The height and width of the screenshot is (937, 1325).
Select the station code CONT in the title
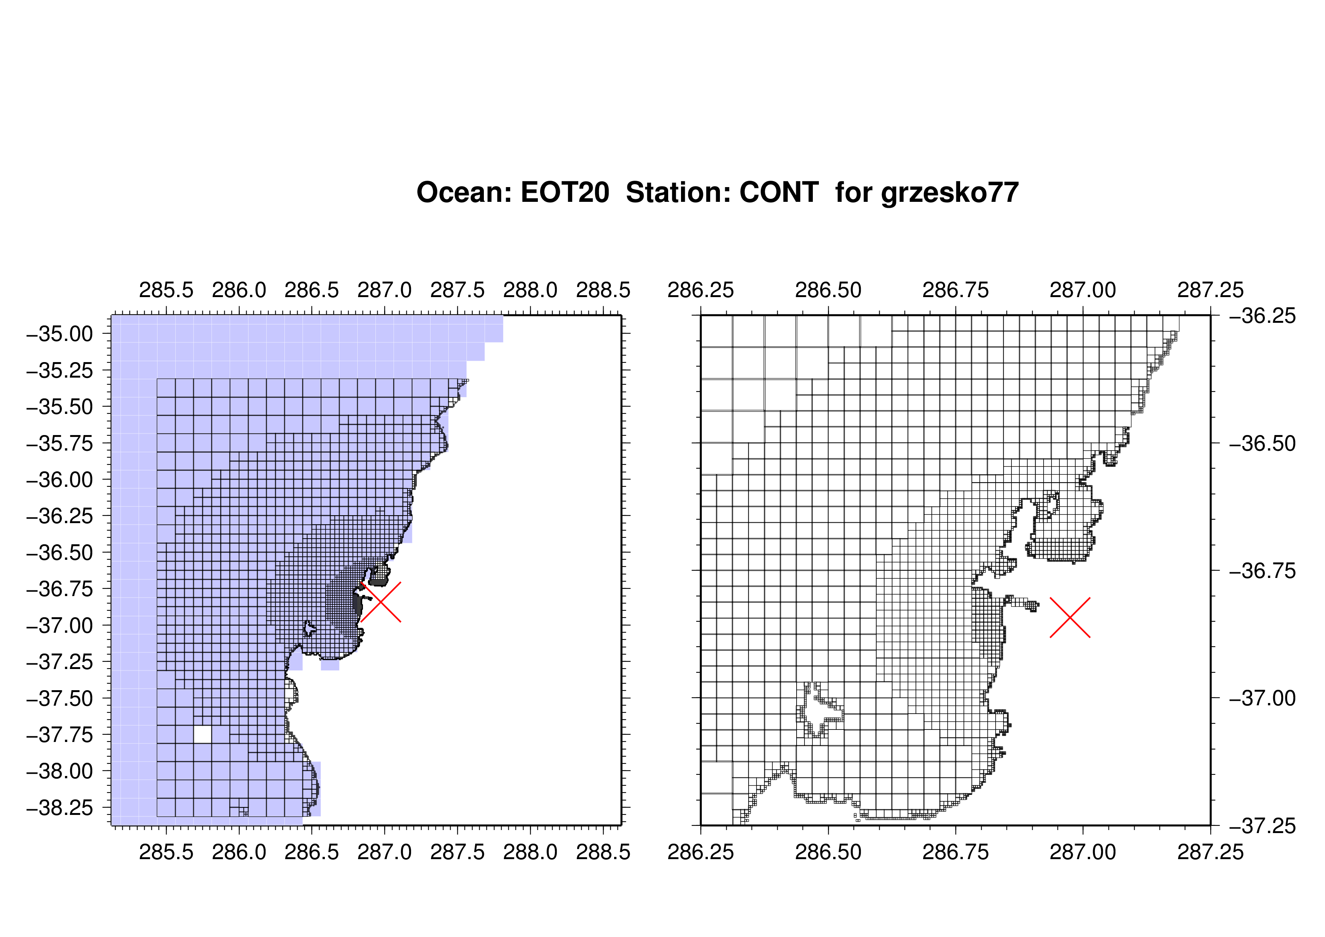pos(779,192)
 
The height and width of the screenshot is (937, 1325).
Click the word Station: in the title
pos(673,192)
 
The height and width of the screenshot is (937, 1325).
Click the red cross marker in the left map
pos(381,602)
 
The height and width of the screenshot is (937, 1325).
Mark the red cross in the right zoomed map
pos(1070,618)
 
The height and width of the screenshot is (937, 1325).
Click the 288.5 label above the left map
pos(603,290)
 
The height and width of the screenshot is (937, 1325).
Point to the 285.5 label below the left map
pos(166,852)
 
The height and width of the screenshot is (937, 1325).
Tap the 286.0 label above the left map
pos(239,290)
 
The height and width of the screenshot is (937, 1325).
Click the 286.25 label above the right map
pos(701,290)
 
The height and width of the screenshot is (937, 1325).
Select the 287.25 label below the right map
pos(1210,852)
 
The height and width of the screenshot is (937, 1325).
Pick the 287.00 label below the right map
pos(1083,852)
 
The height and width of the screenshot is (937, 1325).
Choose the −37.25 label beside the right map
pos(1263,826)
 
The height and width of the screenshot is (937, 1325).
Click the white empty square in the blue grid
pos(202,734)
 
